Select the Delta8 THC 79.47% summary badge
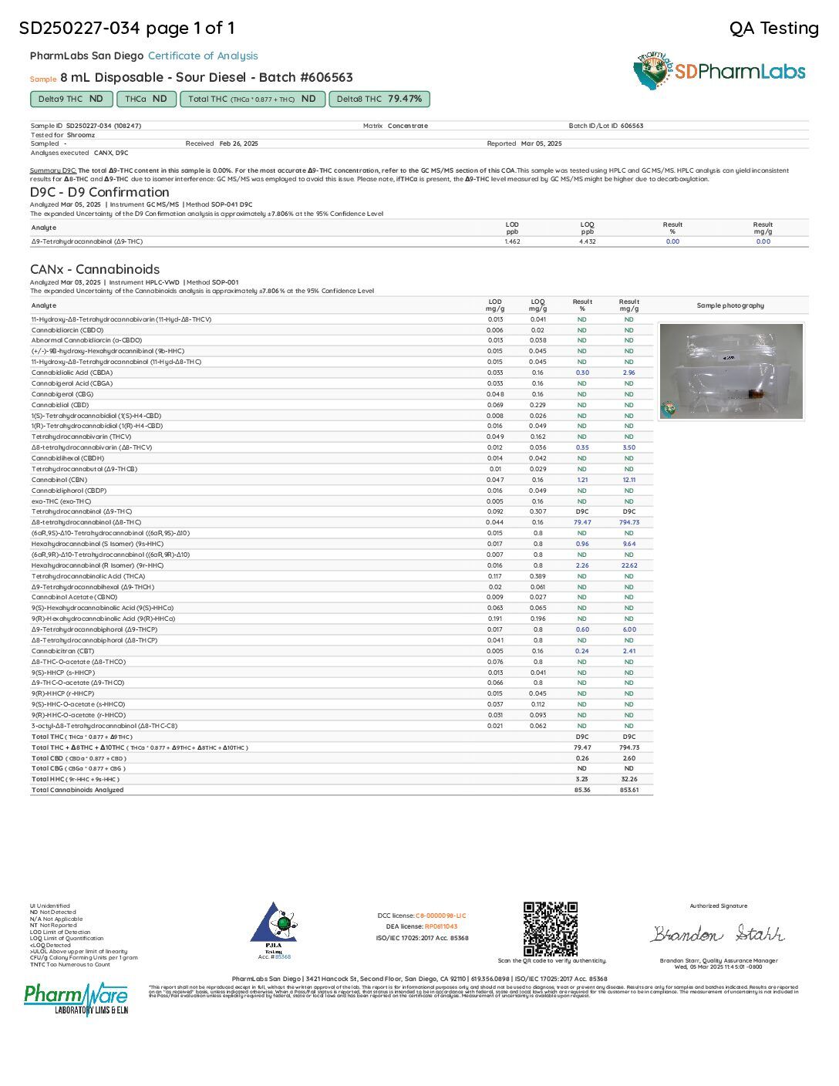[x=379, y=99]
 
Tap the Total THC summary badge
[x=253, y=99]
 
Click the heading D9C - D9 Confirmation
[x=99, y=192]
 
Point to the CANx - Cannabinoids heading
[x=95, y=269]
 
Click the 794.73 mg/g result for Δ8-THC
[x=628, y=522]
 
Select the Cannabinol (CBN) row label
[x=59, y=480]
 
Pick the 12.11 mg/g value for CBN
[x=628, y=480]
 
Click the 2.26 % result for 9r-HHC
[x=582, y=565]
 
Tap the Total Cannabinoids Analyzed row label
[x=77, y=790]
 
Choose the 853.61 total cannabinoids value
[x=628, y=790]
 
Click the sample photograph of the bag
[x=731, y=371]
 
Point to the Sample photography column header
[x=730, y=305]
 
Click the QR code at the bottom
[x=550, y=929]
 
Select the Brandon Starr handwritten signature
[x=718, y=934]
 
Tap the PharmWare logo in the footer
[x=76, y=998]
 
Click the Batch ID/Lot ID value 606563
[x=632, y=126]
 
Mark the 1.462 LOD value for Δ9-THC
[x=512, y=241]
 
